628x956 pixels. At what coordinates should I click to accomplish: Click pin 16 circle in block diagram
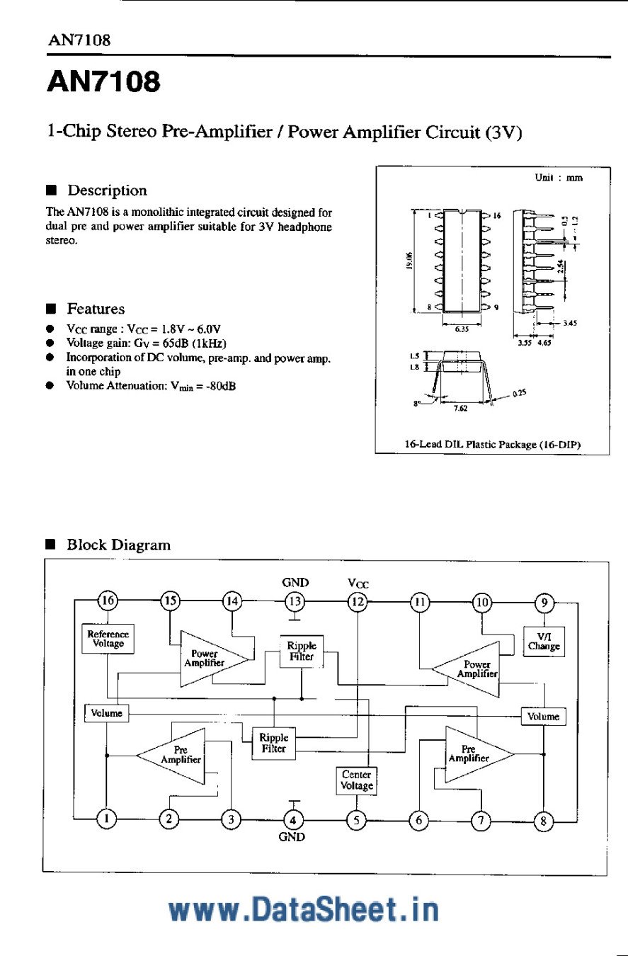tap(108, 601)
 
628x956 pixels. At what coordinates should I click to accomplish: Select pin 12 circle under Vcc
tap(357, 601)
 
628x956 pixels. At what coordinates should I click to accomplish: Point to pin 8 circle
tap(543, 820)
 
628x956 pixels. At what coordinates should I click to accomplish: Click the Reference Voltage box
tap(108, 639)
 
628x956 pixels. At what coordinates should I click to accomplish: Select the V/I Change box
tap(544, 642)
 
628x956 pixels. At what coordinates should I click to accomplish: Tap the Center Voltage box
tap(357, 780)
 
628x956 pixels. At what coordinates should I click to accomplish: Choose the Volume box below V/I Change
tap(544, 716)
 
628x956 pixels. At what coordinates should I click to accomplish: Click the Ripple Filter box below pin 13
tap(302, 651)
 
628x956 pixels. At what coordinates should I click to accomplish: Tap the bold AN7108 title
tap(104, 82)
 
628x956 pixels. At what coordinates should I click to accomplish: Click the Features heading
tap(96, 309)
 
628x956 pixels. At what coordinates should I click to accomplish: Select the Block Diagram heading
tap(118, 545)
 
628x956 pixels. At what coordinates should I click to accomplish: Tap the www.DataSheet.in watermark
tap(304, 909)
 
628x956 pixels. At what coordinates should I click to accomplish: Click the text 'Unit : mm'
tap(559, 178)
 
